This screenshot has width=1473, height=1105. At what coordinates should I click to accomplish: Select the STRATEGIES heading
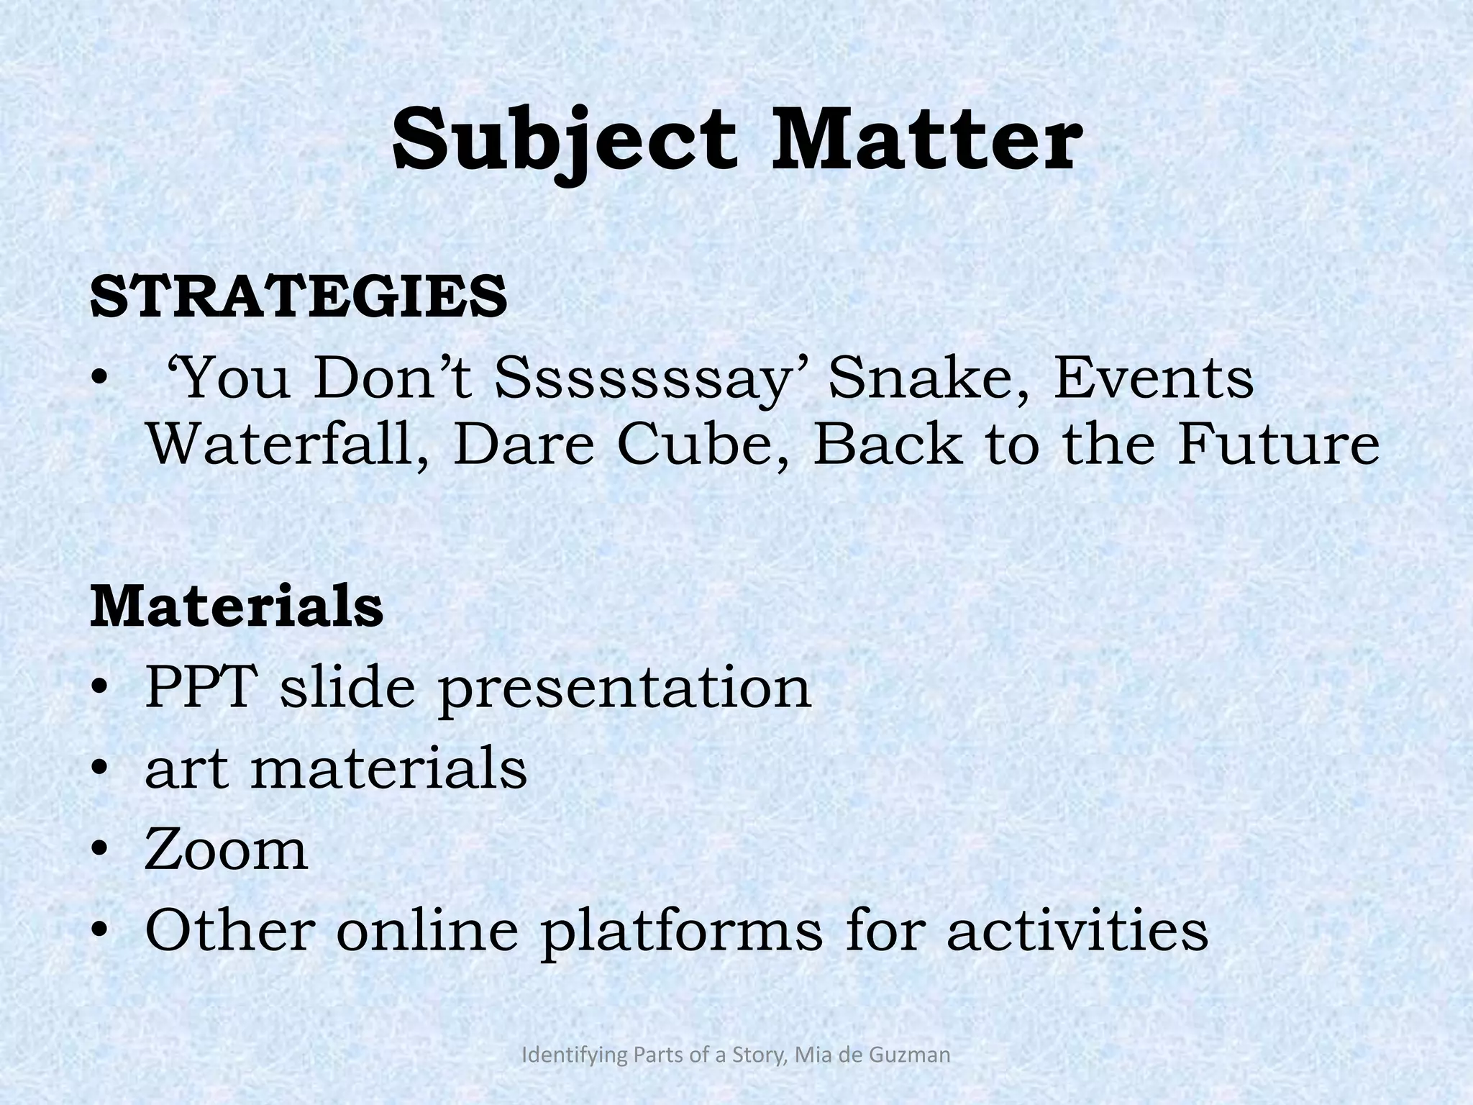point(299,296)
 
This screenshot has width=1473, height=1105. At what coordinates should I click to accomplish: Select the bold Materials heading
point(237,607)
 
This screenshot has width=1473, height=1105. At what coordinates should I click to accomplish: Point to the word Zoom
point(227,850)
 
